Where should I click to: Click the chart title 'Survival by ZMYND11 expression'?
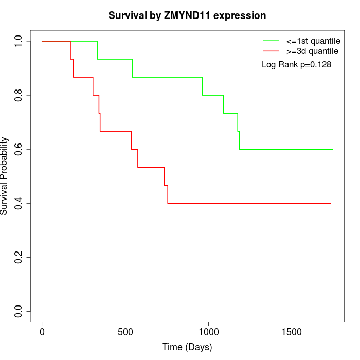(187, 16)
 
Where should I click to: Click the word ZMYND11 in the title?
(187, 16)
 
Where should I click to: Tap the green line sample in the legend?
(271, 41)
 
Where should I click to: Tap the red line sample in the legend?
(271, 51)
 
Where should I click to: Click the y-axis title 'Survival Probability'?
(5, 176)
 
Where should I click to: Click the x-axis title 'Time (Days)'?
(187, 348)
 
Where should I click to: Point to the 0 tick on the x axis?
(42, 331)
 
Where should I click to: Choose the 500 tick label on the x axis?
(125, 331)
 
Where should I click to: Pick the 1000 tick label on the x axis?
(209, 331)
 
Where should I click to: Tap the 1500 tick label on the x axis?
(292, 331)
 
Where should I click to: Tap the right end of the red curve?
(330, 203)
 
